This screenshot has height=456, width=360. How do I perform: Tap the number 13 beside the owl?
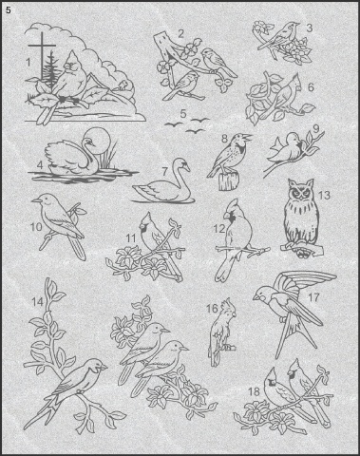click(x=324, y=195)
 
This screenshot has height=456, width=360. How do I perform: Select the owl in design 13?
click(x=301, y=216)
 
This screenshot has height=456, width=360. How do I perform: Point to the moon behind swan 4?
click(x=99, y=141)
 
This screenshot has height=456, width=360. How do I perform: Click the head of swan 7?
click(x=182, y=164)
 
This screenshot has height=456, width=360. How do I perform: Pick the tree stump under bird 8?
click(x=229, y=181)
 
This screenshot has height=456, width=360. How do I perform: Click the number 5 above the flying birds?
click(x=183, y=113)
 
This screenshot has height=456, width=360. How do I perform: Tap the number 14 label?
click(x=37, y=302)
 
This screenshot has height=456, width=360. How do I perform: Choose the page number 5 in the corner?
click(x=9, y=10)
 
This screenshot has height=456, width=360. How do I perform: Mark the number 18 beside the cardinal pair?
click(x=254, y=391)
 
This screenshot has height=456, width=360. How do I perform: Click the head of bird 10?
click(x=45, y=200)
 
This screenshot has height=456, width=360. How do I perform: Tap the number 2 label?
click(x=180, y=34)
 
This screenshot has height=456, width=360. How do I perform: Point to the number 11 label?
click(x=130, y=238)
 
